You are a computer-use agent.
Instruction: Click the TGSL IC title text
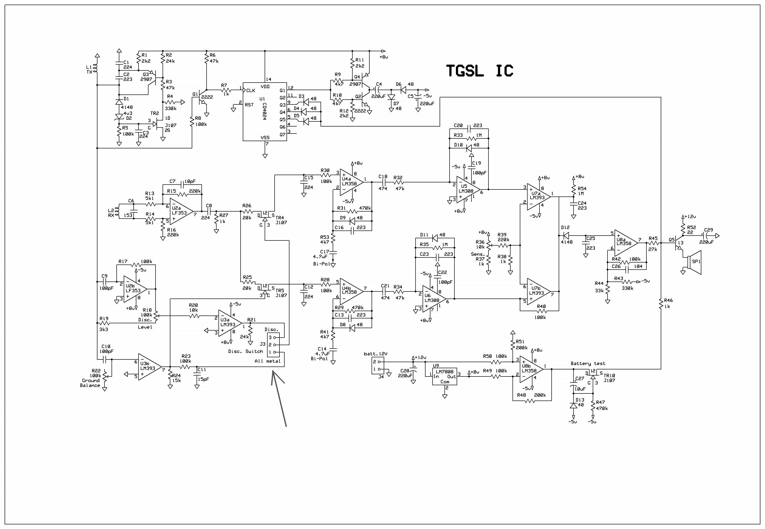pos(479,71)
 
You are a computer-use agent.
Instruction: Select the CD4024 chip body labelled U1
pos(265,112)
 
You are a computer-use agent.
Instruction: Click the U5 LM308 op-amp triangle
pos(468,190)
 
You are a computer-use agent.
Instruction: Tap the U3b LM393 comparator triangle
pos(149,367)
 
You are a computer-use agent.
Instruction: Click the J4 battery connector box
pos(378,365)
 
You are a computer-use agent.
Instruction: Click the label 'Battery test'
pos(588,363)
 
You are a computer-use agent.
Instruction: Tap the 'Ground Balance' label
pos(91,383)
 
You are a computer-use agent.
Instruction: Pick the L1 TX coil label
pos(89,69)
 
